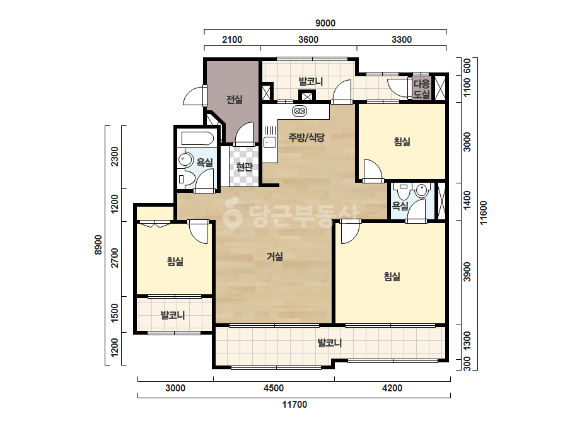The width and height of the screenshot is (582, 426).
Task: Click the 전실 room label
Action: pos(234,100)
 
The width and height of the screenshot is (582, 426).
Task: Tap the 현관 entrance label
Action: pos(244,166)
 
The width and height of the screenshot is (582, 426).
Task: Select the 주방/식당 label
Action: pos(306,137)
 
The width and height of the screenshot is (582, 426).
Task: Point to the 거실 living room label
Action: pos(275,256)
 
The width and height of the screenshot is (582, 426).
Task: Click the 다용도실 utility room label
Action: pos(422,89)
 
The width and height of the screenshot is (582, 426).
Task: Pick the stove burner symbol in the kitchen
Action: pos(300,110)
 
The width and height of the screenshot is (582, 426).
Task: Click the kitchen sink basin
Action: pos(269,142)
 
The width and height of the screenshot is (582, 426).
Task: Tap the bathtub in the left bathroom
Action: pos(197,139)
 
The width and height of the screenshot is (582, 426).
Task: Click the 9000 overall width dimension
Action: pos(325,23)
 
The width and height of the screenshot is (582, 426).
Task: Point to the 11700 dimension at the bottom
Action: pos(294,405)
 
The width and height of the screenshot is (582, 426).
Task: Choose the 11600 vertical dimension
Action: pos(484,212)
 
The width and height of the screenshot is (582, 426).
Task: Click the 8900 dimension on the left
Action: pos(98,245)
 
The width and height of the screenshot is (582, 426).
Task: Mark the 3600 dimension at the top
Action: pos(308,39)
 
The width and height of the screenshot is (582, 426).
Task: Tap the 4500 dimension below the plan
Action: pos(274,388)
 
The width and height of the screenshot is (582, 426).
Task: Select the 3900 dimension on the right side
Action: pos(467,272)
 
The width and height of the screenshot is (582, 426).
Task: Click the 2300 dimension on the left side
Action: pos(115,156)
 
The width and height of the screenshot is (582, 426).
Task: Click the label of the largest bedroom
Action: pos(392,277)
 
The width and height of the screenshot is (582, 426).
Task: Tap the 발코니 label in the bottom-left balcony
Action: pos(173,316)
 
